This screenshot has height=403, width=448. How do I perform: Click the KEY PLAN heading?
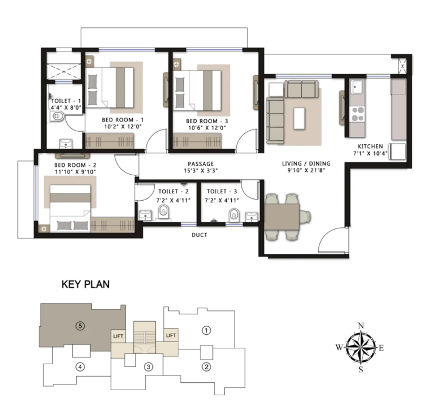tap(85, 284)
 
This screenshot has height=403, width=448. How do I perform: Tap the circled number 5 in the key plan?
tap(80, 326)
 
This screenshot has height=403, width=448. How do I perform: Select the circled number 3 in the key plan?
tap(149, 366)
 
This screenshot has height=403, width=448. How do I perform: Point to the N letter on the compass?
tap(361, 326)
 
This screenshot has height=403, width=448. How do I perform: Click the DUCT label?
tap(200, 235)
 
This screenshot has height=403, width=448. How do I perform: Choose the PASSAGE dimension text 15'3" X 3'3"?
tap(200, 171)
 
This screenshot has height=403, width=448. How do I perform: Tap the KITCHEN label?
tap(370, 146)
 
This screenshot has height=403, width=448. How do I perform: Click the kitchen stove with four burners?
tap(358, 114)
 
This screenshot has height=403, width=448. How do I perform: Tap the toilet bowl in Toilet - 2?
tap(163, 211)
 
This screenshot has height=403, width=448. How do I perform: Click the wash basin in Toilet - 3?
tap(252, 217)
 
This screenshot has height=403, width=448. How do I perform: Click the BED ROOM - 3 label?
tap(207, 121)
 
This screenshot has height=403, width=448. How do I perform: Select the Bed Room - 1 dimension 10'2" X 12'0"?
tap(123, 127)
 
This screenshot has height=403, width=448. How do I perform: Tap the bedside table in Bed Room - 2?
tap(44, 229)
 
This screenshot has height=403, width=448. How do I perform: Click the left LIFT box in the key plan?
tap(118, 336)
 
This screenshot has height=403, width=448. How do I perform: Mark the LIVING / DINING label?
tap(306, 164)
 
